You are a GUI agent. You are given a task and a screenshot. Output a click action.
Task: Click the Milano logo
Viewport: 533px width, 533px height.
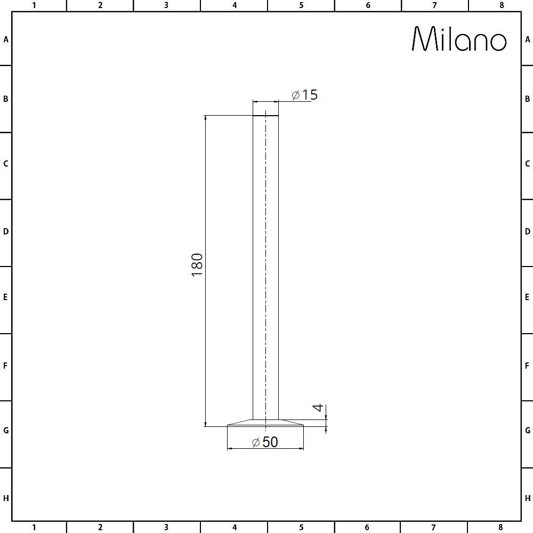[x=459, y=39]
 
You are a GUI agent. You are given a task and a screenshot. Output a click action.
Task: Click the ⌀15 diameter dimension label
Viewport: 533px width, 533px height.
[x=304, y=95]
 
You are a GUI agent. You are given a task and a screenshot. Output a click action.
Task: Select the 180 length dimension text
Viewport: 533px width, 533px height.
[x=197, y=264]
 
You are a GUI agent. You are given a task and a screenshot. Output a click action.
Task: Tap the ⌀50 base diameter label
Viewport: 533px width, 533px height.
[x=265, y=442]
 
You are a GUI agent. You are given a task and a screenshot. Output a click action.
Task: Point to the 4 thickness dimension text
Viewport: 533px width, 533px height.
[x=318, y=408]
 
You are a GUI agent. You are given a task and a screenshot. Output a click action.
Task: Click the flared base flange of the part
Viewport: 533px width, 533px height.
[x=265, y=422]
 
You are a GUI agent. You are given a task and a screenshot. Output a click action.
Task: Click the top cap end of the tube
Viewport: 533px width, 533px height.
[x=265, y=115]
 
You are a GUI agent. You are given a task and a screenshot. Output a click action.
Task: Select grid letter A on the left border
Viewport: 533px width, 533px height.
[x=6, y=39]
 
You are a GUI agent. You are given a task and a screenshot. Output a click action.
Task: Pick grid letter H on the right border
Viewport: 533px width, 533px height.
[x=527, y=498]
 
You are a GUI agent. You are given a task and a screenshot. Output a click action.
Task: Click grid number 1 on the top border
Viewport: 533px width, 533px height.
[x=34, y=5]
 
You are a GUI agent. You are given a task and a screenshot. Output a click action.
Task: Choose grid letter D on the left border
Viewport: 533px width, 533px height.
[x=6, y=232]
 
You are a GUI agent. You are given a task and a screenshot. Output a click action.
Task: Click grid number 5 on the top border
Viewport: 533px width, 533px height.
[x=301, y=5]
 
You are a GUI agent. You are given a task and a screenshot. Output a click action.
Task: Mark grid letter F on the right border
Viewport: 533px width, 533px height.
[x=527, y=366]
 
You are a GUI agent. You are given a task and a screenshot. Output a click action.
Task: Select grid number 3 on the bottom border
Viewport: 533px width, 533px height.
[x=166, y=528]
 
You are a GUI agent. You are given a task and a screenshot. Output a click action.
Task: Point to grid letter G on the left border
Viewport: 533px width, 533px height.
[x=6, y=430]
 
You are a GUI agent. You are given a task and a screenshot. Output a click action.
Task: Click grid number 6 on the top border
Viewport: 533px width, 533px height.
[x=368, y=5]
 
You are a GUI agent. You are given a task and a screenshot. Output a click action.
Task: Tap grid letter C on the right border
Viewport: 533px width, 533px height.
[x=527, y=164]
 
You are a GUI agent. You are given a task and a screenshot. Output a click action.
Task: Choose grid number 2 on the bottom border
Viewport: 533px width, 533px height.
[x=100, y=528]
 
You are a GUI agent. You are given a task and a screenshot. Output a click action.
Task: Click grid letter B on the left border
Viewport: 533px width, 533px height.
[x=6, y=99]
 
